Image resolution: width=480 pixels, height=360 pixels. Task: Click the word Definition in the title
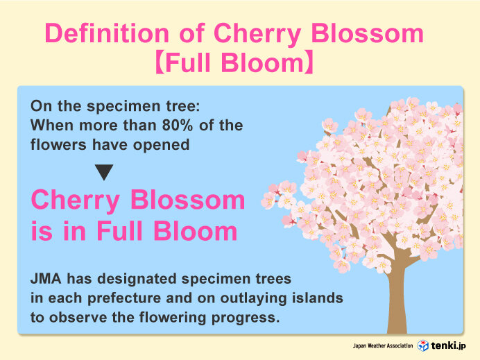(107, 33)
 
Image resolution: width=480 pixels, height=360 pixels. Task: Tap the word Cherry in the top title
(257, 34)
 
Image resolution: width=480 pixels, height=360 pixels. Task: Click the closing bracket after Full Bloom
(309, 62)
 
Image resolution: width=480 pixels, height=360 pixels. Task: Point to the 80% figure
(178, 125)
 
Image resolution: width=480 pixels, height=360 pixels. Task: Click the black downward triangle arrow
(104, 172)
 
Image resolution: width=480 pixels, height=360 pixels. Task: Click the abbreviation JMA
(46, 279)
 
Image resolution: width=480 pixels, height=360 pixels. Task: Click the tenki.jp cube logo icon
(423, 345)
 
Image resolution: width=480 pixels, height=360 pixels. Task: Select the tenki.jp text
(449, 345)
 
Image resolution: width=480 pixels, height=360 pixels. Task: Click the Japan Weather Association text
(383, 346)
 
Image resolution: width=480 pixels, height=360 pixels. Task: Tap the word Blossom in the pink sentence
(188, 200)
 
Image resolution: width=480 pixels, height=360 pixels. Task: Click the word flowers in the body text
(58, 144)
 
